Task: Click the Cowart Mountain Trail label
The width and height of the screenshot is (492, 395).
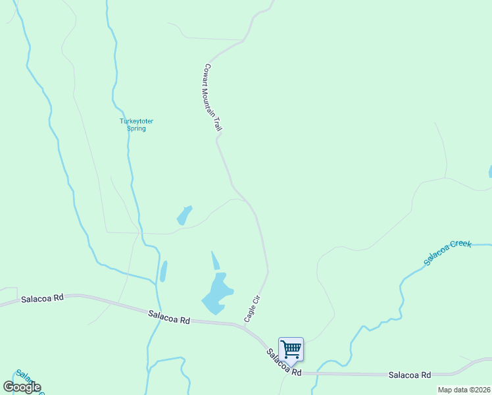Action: (211, 98)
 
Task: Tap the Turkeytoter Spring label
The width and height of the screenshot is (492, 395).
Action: (136, 124)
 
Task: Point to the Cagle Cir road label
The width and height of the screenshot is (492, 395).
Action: (253, 308)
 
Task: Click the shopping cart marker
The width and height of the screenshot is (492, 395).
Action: (291, 349)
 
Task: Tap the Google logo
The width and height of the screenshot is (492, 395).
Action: (22, 387)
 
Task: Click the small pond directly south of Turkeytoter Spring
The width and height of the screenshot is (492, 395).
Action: (184, 215)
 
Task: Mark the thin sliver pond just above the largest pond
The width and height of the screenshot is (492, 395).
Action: (214, 260)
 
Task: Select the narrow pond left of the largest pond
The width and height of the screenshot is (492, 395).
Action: (163, 271)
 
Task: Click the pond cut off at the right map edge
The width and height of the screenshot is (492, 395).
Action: (490, 172)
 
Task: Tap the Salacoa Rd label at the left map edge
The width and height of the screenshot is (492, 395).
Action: (42, 298)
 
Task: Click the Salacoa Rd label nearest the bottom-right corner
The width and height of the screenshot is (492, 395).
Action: (409, 375)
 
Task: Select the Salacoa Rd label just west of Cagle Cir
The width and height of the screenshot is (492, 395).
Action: (169, 317)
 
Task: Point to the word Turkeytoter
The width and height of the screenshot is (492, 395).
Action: (136, 120)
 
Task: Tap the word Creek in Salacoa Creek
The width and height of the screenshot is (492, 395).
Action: (462, 245)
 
